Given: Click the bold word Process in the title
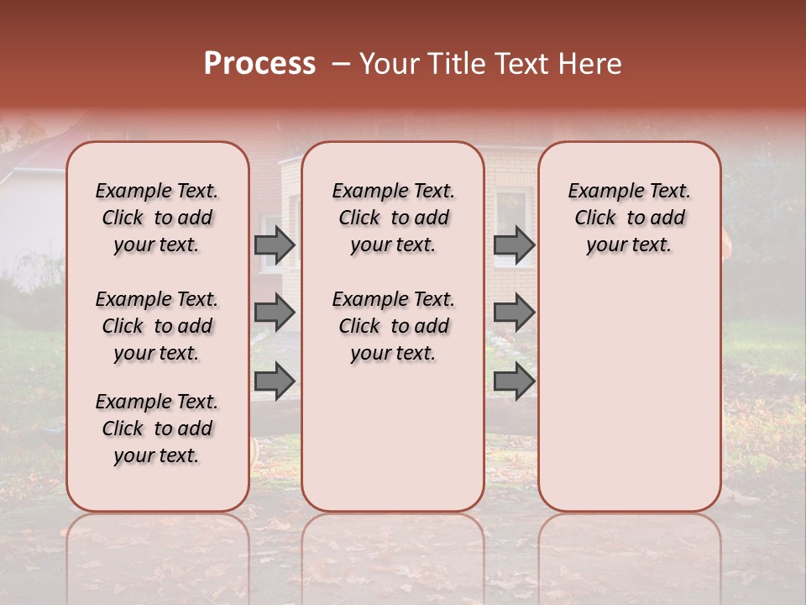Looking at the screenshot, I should (259, 64).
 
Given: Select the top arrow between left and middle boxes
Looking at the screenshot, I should (275, 245).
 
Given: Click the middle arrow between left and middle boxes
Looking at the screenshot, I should (275, 313).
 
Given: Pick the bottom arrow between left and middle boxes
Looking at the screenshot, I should (275, 381).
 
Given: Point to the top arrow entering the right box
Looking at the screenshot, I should (514, 245).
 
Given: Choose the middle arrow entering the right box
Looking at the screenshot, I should (514, 313).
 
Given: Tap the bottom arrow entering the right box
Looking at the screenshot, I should (514, 381).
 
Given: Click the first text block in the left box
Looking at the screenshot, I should (157, 218).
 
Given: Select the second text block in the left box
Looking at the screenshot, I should (157, 326).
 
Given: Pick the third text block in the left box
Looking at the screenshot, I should (157, 429).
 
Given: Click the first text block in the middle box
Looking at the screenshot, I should (393, 218).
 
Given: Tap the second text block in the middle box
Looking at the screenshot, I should (393, 326).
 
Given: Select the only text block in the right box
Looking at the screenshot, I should (629, 218).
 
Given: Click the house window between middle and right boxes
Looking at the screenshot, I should (511, 210).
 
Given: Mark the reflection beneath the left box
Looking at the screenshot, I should (157, 546).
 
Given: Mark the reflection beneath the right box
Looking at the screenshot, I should (629, 546).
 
